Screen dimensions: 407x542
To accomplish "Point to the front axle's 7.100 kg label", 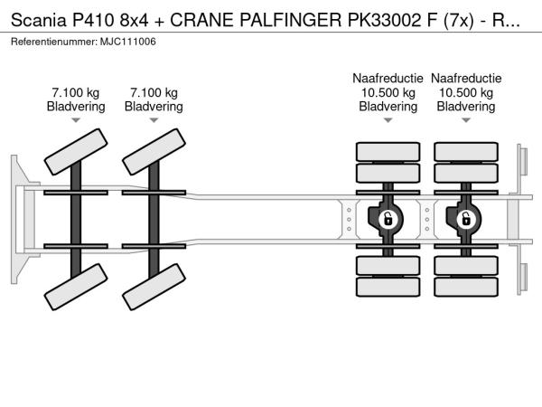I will (76, 92).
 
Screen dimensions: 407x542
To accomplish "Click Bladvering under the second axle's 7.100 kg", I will (154, 107).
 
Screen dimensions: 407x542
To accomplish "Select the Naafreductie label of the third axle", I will (388, 79).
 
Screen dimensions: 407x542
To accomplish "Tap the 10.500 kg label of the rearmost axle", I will (466, 92).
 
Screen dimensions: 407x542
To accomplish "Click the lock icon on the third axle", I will (388, 218).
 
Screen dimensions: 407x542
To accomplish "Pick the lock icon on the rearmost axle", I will (466, 218).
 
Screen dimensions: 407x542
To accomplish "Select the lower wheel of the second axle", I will (153, 290).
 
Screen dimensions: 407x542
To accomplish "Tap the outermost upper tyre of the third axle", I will (388, 151).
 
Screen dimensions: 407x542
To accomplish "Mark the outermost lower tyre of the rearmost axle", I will (466, 287).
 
